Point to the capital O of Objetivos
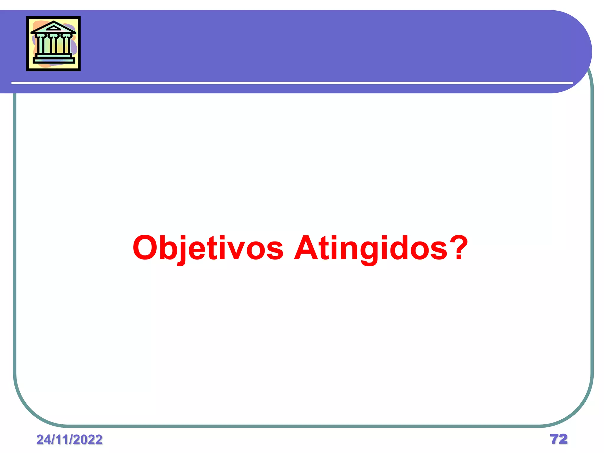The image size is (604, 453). [x=145, y=248]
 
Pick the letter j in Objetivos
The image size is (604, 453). [x=183, y=249]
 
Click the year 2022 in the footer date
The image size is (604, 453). [x=88, y=440]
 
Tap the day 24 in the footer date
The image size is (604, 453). [x=43, y=440]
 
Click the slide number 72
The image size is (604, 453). [x=559, y=439]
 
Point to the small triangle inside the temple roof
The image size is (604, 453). [x=53, y=28]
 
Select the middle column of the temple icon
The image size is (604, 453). [x=53, y=45]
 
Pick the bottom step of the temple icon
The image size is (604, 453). [x=53, y=61]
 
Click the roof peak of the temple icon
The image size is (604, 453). [x=53, y=22]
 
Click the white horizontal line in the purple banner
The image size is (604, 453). [x=292, y=83]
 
